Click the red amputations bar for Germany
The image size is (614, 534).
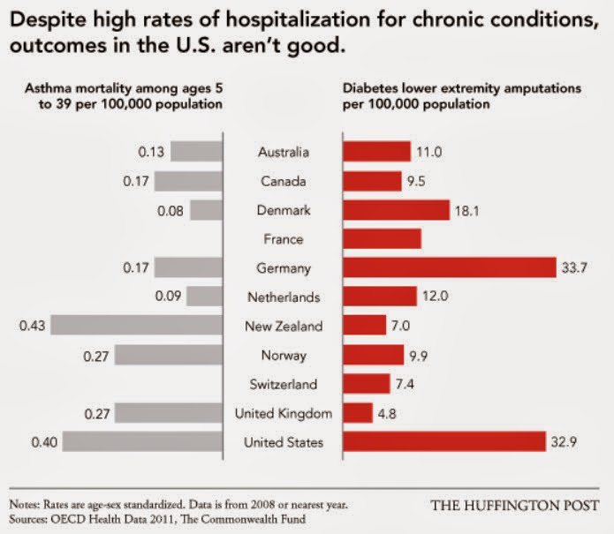click(x=448, y=267)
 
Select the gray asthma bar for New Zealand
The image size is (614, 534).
click(x=137, y=326)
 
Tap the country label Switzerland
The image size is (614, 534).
click(x=283, y=384)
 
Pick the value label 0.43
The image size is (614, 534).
click(x=32, y=326)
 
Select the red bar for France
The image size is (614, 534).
click(x=382, y=238)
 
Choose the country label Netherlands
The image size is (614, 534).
click(x=283, y=297)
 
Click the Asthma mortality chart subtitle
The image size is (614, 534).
click(x=114, y=96)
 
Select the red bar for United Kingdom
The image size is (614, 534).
click(x=358, y=412)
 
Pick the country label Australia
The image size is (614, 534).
click(x=283, y=153)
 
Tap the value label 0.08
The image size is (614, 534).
click(x=171, y=210)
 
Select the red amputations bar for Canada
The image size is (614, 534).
click(x=372, y=181)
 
